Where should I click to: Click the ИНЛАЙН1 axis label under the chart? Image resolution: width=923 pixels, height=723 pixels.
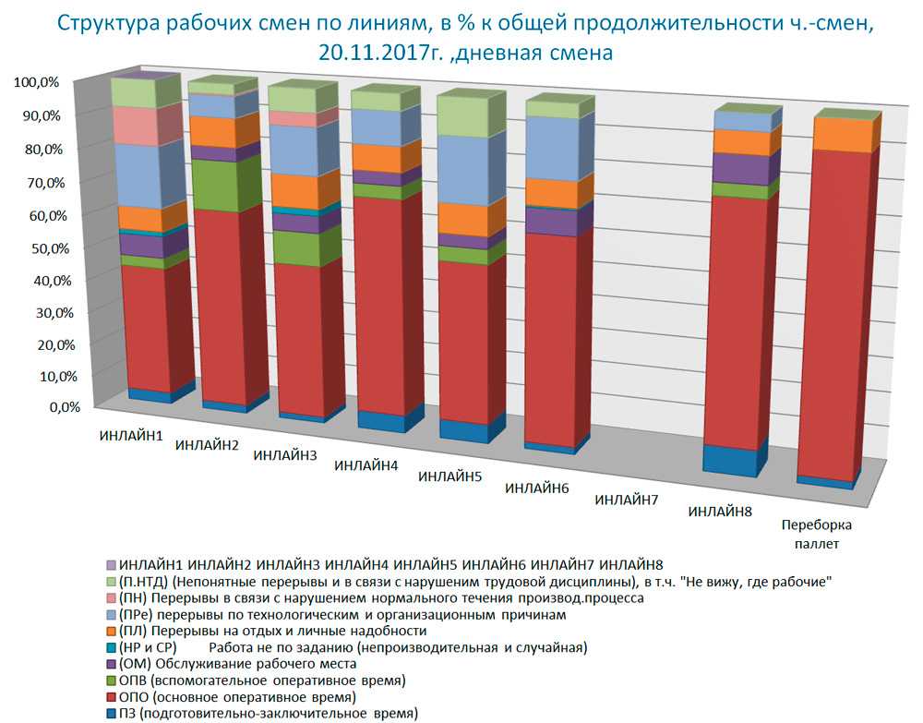tap(131, 434)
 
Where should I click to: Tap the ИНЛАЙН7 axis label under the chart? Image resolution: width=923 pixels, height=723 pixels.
tap(627, 500)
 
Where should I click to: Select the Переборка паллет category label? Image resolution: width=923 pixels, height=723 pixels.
tap(817, 535)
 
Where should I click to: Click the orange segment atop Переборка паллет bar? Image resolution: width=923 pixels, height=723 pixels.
tap(840, 135)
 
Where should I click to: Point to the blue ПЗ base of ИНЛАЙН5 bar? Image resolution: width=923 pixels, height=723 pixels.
tap(462, 431)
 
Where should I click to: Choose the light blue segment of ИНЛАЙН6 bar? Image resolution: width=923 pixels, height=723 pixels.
tap(550, 148)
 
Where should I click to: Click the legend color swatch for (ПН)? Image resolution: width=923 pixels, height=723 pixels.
tap(112, 598)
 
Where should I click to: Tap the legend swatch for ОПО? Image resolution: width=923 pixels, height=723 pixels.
tap(112, 696)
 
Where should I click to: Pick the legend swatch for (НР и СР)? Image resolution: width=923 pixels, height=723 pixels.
tap(112, 647)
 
